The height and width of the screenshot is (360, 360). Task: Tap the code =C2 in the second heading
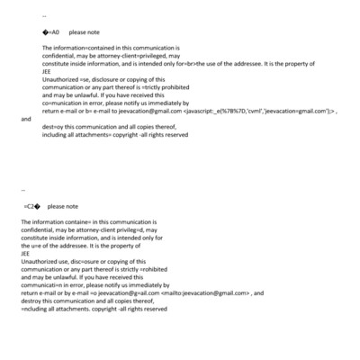(31, 206)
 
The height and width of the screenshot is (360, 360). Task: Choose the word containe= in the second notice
(84, 221)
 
